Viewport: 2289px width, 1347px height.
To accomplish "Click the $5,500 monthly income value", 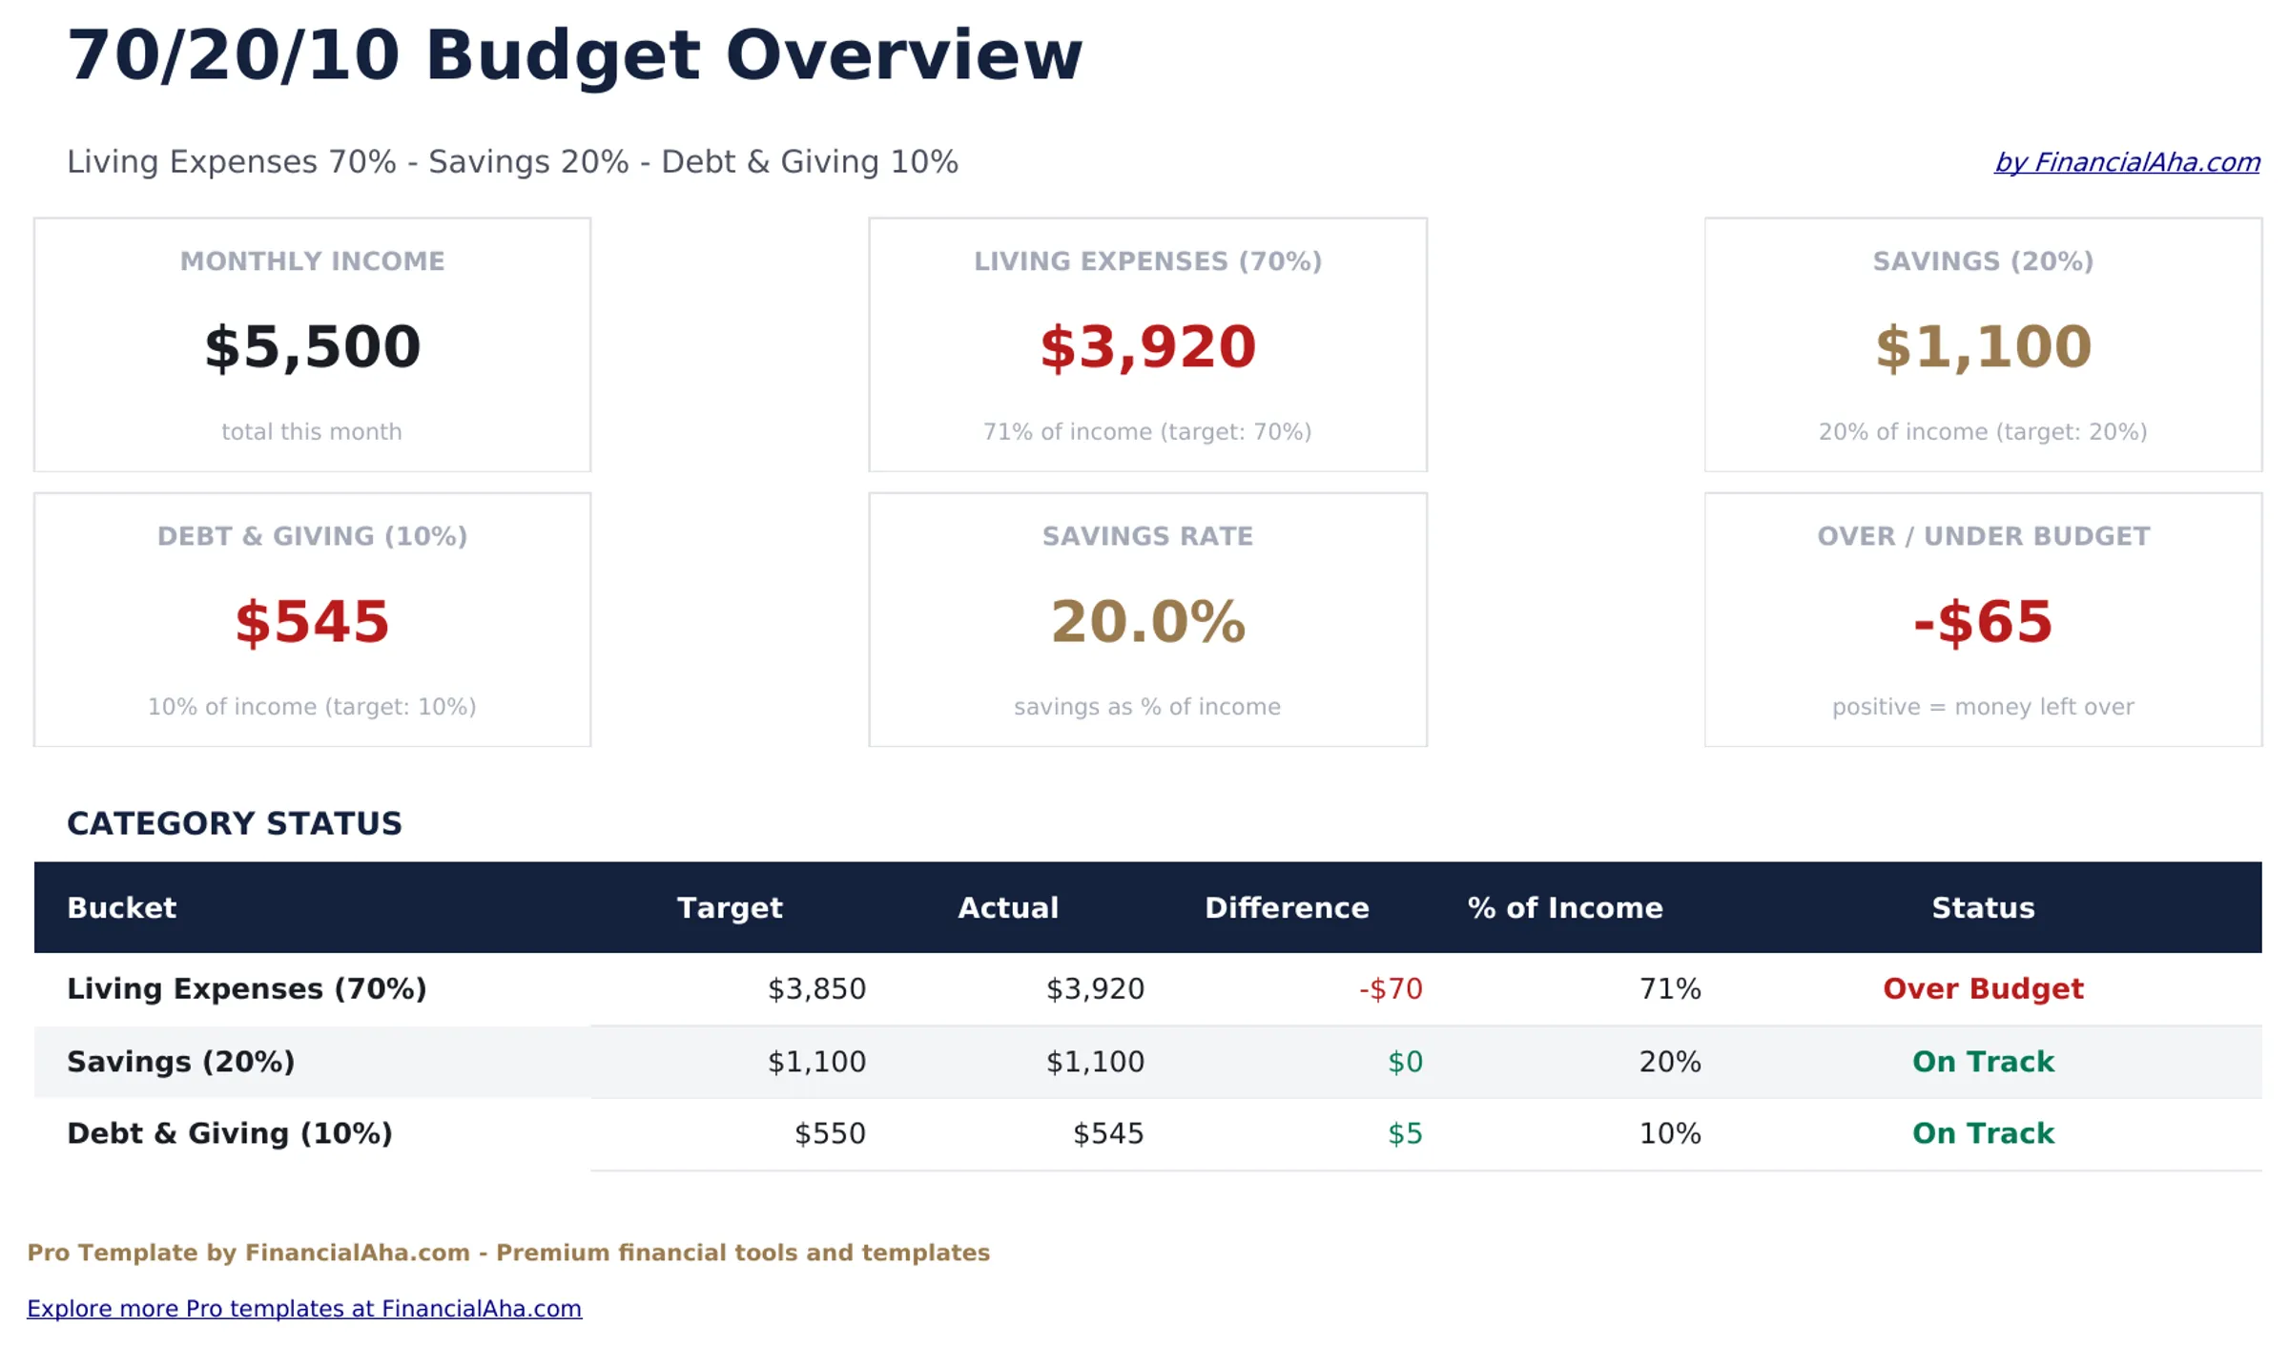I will point(312,347).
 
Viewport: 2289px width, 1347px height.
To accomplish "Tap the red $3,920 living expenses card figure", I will point(1147,347).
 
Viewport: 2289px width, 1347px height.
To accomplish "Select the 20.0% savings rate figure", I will point(1147,622).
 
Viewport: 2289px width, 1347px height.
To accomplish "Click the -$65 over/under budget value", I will point(1982,622).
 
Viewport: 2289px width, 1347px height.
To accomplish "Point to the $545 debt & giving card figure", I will point(312,622).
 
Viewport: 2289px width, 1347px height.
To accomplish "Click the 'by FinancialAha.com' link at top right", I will point(2127,162).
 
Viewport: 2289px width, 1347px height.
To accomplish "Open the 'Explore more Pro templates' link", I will point(304,1308).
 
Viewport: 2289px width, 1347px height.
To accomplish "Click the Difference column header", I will point(1286,907).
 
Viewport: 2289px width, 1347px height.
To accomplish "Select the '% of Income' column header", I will point(1564,907).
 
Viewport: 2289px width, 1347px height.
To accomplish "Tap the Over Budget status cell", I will point(1982,988).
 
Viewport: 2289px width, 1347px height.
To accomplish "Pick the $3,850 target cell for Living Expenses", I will point(816,988).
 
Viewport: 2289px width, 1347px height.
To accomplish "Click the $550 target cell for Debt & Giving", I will point(830,1133).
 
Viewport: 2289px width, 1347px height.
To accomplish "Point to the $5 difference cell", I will point(1404,1133).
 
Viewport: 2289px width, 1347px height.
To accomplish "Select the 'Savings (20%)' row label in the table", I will point(181,1061).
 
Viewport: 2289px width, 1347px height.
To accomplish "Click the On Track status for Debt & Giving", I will point(1982,1133).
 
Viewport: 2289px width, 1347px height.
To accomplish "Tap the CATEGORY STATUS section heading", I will point(235,823).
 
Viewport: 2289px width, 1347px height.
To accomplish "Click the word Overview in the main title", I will point(903,55).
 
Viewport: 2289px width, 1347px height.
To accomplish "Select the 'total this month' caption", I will point(312,432).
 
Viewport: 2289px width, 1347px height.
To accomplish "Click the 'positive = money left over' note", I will point(1982,707).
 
